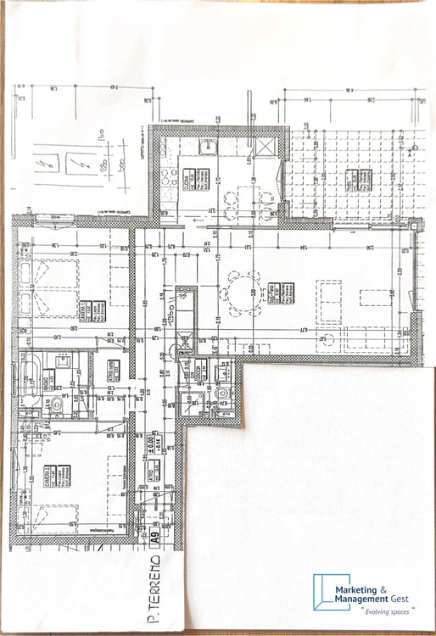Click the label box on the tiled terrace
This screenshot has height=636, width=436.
point(358,180)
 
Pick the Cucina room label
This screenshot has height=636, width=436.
point(190,180)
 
